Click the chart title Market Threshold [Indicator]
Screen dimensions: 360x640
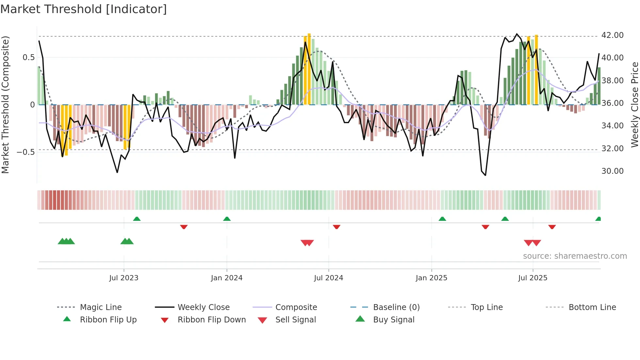point(84,9)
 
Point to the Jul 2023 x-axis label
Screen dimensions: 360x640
point(124,278)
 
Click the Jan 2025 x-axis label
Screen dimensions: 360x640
point(431,278)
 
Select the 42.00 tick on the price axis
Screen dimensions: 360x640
point(612,35)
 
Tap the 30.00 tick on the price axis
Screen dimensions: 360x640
point(612,171)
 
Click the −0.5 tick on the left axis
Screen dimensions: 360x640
point(26,152)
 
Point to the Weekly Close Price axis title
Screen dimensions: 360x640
point(634,105)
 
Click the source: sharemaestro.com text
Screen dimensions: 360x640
point(575,256)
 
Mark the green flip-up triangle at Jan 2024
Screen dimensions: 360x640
point(227,219)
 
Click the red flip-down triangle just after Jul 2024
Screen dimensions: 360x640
point(337,227)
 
